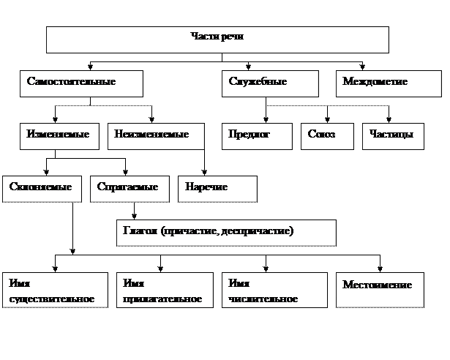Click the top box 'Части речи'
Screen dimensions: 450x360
coord(217,40)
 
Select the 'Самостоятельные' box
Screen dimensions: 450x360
coord(81,83)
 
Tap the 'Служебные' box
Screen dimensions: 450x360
coord(270,83)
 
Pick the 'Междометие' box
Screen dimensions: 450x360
coord(389,83)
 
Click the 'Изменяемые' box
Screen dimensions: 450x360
coord(59,136)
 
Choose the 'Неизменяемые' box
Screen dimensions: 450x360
coord(156,136)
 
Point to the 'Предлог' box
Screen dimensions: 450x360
coord(257,136)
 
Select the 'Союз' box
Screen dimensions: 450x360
coord(327,136)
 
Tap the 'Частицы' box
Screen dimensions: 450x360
coord(393,136)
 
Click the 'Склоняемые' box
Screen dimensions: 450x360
coord(42,190)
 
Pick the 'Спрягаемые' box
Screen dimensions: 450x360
coord(130,190)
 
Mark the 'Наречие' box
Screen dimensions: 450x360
coord(217,190)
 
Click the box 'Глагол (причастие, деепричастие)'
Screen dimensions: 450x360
coord(226,233)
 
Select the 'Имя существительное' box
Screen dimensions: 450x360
coord(55,290)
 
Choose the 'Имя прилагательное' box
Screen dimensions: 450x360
coord(165,290)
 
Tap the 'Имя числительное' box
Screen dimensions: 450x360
coord(274,290)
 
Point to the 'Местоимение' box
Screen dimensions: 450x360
coord(380,290)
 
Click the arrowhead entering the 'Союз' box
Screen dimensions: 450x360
coord(327,120)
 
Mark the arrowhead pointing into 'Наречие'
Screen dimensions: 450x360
coord(204,173)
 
